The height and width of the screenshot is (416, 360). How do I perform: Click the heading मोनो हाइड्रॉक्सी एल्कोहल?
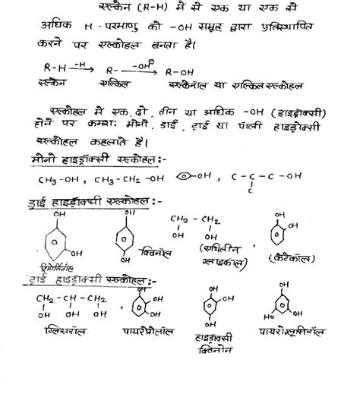pos(95,162)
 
